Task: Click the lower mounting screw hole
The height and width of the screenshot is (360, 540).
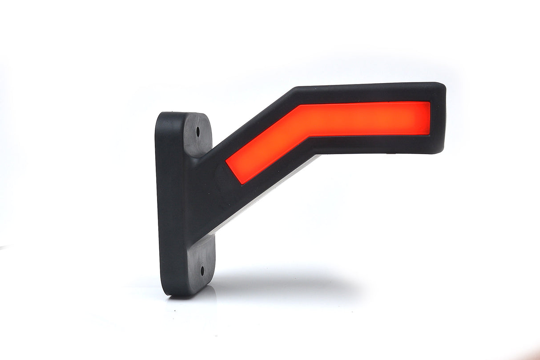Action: pyautogui.click(x=202, y=268)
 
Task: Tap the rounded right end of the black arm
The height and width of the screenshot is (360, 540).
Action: pyautogui.click(x=440, y=118)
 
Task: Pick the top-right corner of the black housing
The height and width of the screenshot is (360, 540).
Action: pyautogui.click(x=442, y=85)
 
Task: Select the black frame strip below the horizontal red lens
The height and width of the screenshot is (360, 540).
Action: pyautogui.click(x=369, y=144)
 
